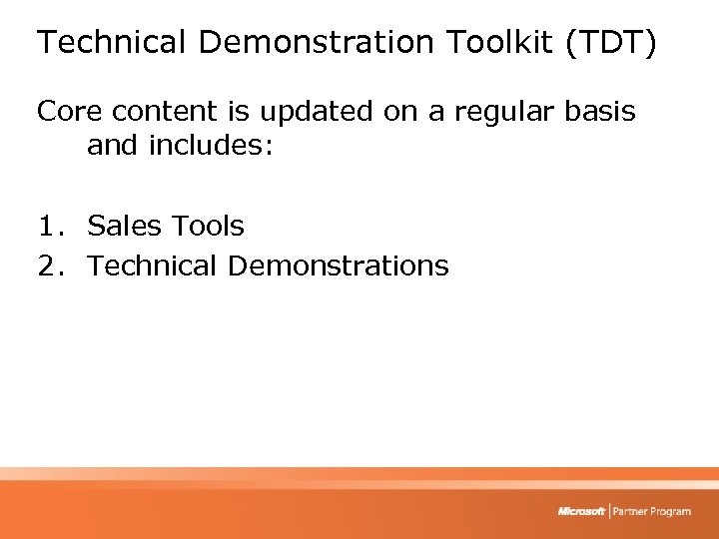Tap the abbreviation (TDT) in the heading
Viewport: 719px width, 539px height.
click(x=610, y=43)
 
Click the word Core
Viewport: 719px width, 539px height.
click(x=70, y=111)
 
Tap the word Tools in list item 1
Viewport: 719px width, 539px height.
click(x=206, y=226)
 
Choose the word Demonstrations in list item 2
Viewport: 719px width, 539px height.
click(x=339, y=266)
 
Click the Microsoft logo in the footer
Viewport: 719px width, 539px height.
click(x=581, y=511)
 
